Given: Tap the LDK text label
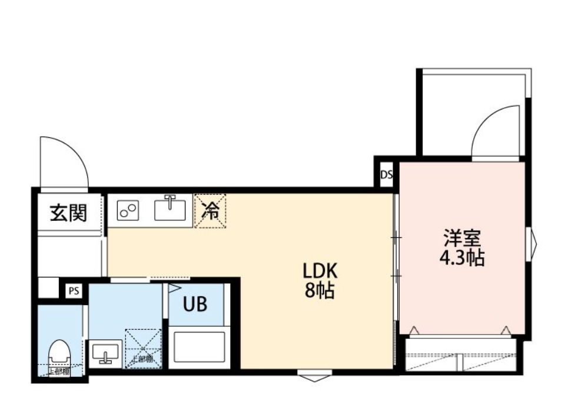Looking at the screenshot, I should [x=320, y=271].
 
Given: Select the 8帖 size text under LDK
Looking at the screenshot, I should [x=320, y=290].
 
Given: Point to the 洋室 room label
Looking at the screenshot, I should [x=463, y=239].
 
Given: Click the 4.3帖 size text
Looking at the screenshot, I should [x=463, y=258].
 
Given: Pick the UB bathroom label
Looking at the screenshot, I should [x=195, y=304].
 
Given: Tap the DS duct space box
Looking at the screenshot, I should [x=386, y=174].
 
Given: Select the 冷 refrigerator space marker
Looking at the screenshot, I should [x=210, y=210].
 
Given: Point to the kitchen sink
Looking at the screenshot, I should [x=171, y=209].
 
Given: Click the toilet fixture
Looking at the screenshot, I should [x=58, y=354].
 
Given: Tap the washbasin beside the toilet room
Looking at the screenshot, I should [x=105, y=353].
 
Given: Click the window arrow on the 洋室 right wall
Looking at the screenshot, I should [x=533, y=243].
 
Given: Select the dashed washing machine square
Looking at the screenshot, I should [x=143, y=348].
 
